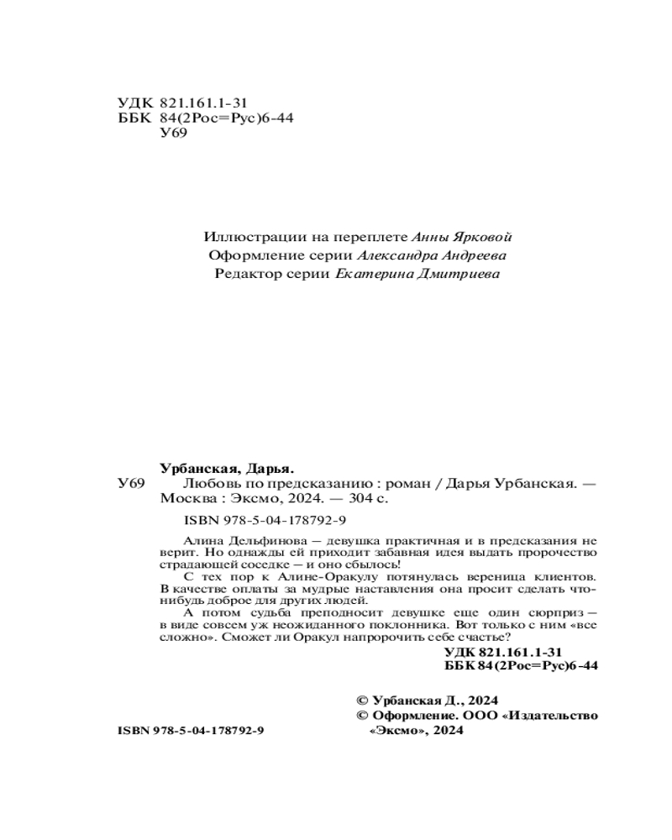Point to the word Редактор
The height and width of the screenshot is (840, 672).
(x=244, y=274)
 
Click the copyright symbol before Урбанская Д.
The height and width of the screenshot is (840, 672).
(x=363, y=700)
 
